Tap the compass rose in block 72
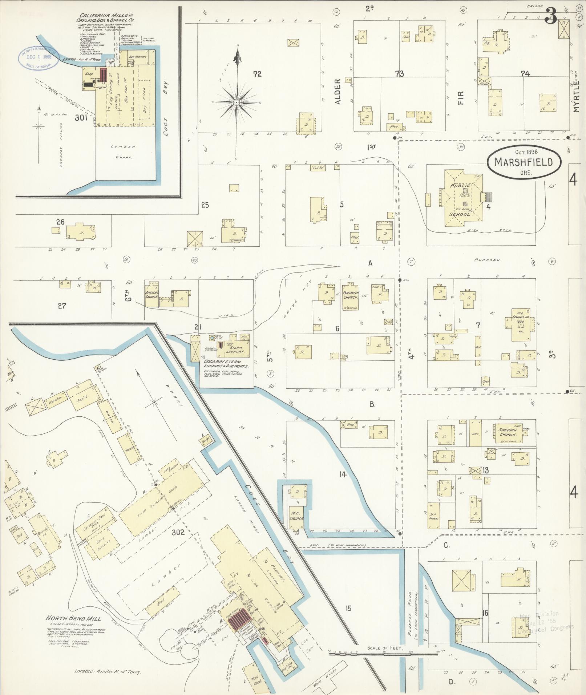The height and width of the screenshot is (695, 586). tap(237, 103)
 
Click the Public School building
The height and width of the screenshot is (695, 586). tap(460, 200)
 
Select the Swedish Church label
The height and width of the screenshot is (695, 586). tap(508, 432)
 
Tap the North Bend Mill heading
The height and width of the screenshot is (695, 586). tap(73, 618)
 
